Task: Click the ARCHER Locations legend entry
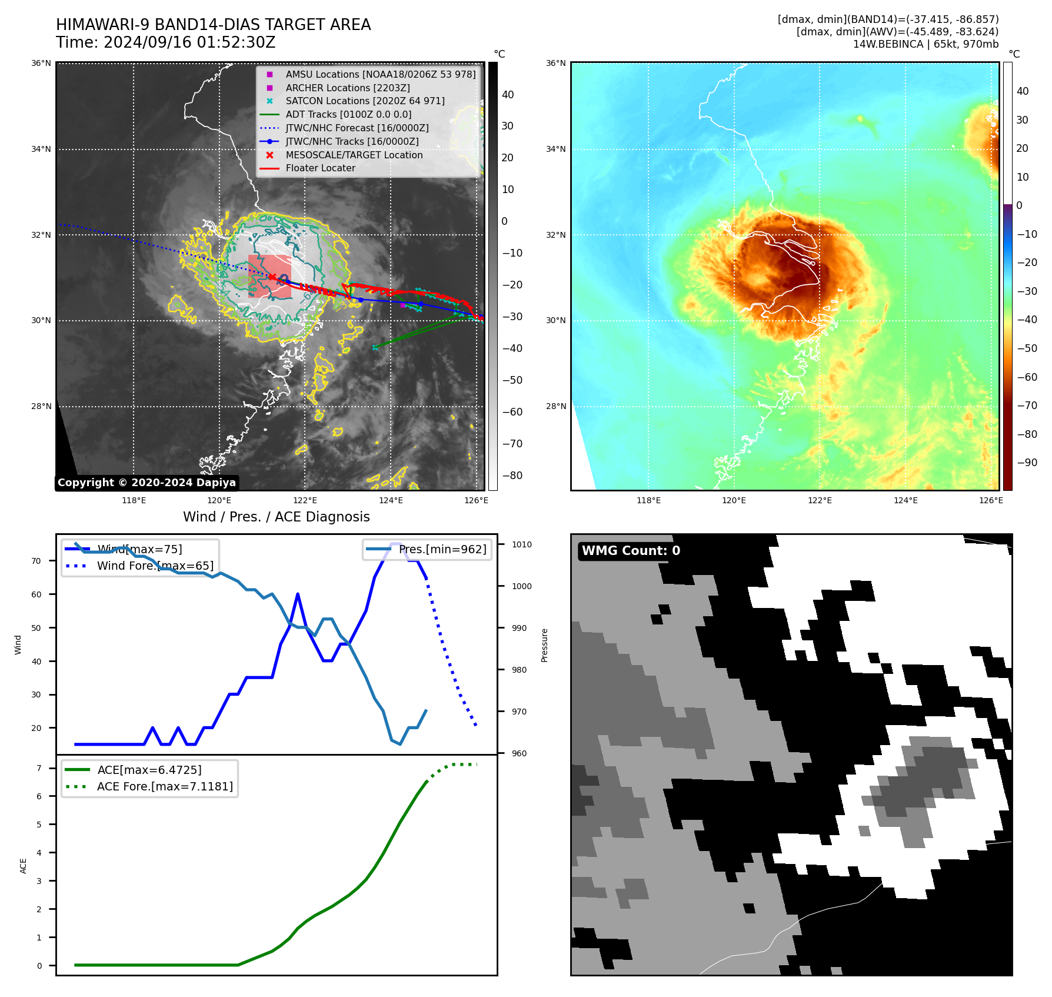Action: pyautogui.click(x=347, y=88)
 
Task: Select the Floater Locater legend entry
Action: pyautogui.click(x=320, y=168)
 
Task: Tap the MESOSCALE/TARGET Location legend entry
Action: pyautogui.click(x=354, y=155)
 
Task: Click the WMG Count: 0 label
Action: pyautogui.click(x=631, y=551)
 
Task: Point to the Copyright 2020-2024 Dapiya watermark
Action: pyautogui.click(x=147, y=483)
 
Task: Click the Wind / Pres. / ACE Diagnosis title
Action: pyautogui.click(x=276, y=517)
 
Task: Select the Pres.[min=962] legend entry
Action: pyautogui.click(x=442, y=549)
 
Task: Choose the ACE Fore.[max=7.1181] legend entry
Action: pyautogui.click(x=165, y=786)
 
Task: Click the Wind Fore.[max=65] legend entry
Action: pyautogui.click(x=155, y=566)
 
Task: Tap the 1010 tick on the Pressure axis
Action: pyautogui.click(x=521, y=544)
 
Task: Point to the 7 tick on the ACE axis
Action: pyautogui.click(x=39, y=768)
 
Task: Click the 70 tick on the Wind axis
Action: pyautogui.click(x=36, y=561)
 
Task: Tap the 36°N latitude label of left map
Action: pyautogui.click(x=41, y=63)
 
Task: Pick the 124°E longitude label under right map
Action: pyautogui.click(x=905, y=500)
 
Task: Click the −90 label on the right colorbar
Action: pyautogui.click(x=1027, y=463)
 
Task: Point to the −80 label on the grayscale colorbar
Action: pyautogui.click(x=512, y=476)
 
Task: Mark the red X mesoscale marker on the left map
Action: pyautogui.click(x=272, y=277)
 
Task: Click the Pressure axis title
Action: pyautogui.click(x=544, y=645)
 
